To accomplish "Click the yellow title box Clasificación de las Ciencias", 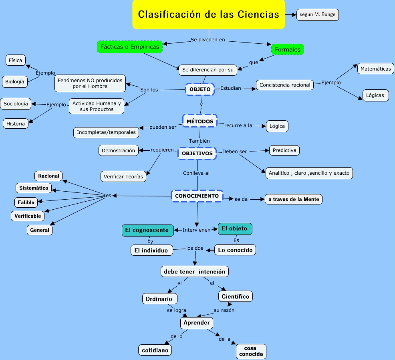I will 208,14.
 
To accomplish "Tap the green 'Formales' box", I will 288,50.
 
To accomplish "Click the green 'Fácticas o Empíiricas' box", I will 130,47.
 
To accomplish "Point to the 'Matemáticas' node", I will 375,69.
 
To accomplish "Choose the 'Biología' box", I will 15,82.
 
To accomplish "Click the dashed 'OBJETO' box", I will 200,89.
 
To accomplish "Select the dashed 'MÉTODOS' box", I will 200,121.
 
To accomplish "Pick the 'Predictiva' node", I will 284,150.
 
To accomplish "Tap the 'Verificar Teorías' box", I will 123,176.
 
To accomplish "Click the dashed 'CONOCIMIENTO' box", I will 197,196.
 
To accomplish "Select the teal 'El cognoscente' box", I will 148,230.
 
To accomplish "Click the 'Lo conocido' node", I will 235,250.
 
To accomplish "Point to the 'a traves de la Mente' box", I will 294,199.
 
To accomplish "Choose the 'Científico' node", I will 236,297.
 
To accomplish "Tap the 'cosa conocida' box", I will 251,351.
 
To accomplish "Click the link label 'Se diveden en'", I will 208,40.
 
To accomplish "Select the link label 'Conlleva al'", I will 196,173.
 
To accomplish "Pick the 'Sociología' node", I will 16,103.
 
